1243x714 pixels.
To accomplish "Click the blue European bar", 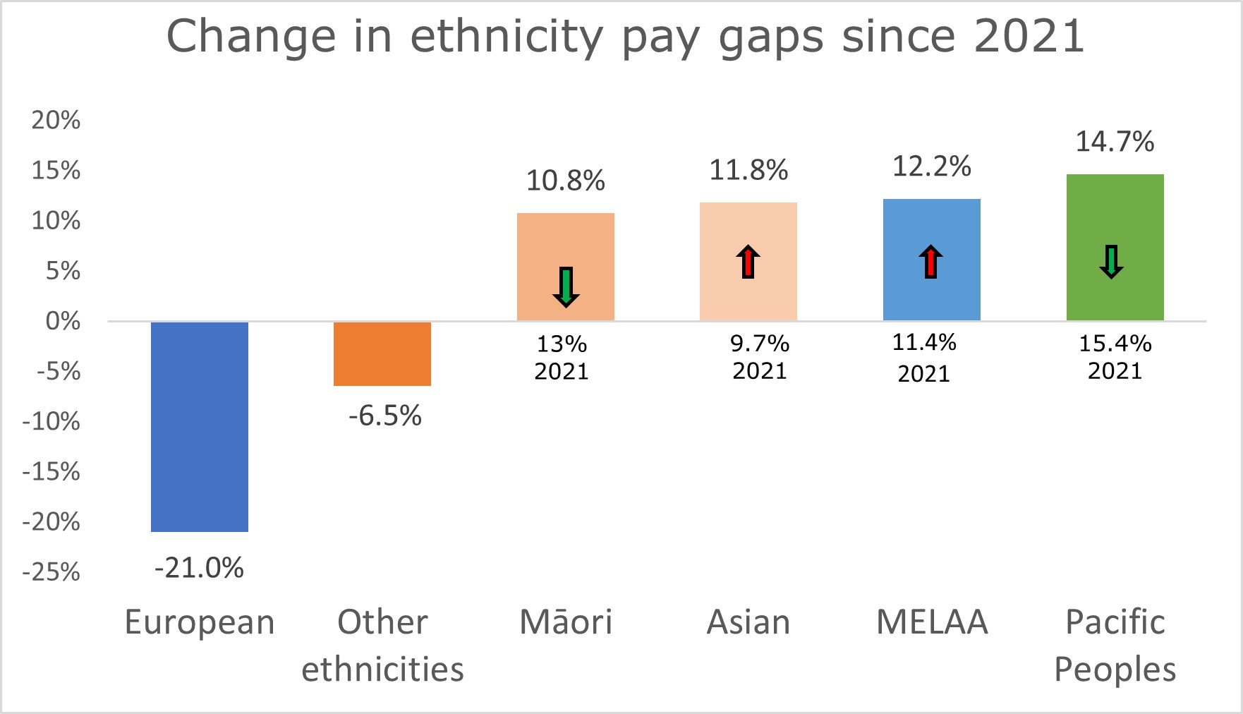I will pos(200,426).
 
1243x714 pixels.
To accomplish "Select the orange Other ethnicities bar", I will pos(382,353).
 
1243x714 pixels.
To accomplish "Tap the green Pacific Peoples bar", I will pos(1115,247).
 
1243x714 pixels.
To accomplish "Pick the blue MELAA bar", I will pos(931,260).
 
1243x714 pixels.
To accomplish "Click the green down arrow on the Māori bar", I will pos(566,286).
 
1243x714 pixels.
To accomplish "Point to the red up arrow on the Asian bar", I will pos(748,262).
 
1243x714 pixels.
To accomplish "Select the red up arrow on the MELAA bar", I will pos(931,262).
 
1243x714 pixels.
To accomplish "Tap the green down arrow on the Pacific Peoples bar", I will pos(1112,262).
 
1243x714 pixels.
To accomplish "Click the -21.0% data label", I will pos(200,568).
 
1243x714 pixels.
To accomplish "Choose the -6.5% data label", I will pos(385,416).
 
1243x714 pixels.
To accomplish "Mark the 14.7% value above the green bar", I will pos(1115,142).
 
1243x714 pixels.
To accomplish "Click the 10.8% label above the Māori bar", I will pos(566,181).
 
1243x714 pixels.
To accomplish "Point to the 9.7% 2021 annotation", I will pos(760,357).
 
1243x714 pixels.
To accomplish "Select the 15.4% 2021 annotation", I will pos(1115,357).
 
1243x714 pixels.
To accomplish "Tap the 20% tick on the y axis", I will pos(56,121).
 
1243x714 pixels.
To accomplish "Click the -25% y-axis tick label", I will pos(51,571).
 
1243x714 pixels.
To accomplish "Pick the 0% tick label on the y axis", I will pos(63,322).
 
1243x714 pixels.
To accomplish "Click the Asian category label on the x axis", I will pos(748,622).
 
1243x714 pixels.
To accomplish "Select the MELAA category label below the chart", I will pos(932,622).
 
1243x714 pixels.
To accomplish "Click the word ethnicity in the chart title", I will pos(506,37).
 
